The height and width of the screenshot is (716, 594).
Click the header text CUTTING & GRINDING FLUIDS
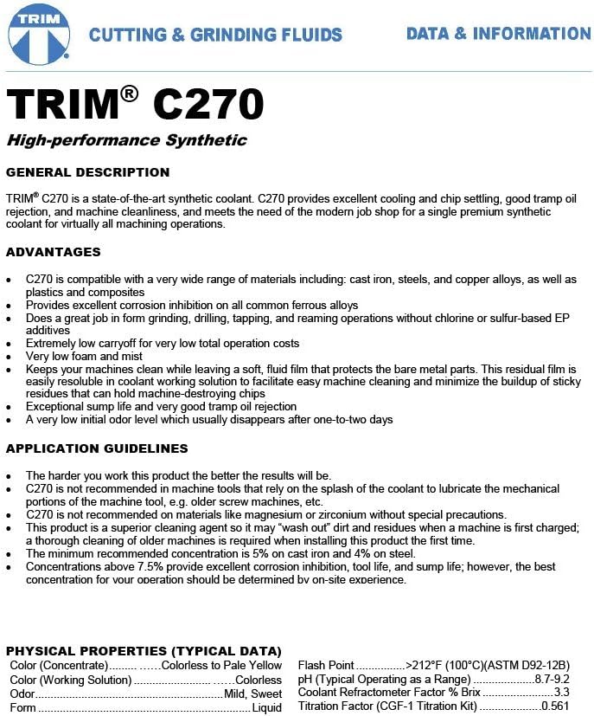click(x=215, y=35)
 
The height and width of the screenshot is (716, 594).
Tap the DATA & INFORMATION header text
click(x=498, y=34)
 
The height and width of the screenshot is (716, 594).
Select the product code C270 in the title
click(x=208, y=105)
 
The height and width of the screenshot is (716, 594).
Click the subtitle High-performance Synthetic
click(x=126, y=140)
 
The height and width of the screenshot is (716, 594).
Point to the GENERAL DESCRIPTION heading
click(x=87, y=172)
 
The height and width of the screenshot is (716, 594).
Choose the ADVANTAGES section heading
click(x=53, y=252)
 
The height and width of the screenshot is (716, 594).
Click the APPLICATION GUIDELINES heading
click(x=97, y=448)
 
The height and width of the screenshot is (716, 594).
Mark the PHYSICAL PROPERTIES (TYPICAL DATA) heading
click(x=144, y=651)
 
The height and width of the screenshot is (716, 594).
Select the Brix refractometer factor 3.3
click(x=561, y=693)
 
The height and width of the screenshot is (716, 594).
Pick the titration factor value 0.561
click(x=554, y=707)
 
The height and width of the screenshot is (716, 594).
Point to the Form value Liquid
click(x=266, y=708)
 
